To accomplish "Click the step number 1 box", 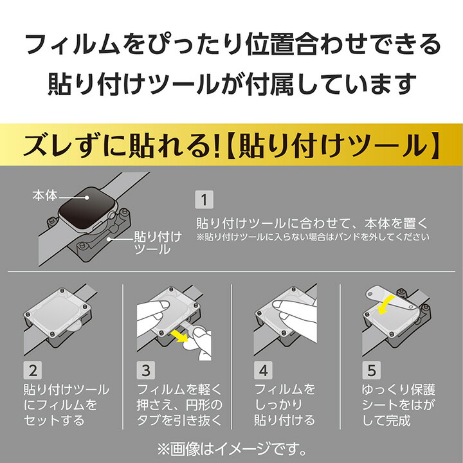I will [x=204, y=200].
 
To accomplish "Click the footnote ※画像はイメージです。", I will [x=231, y=445].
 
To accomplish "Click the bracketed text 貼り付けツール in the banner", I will [x=334, y=147].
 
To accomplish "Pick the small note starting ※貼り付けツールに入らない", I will [x=311, y=237].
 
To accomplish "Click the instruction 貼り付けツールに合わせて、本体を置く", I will [x=311, y=224].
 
